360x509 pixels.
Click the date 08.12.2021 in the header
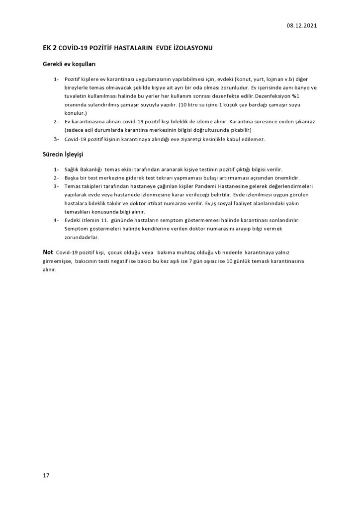point(302,26)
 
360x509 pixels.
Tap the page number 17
point(46,476)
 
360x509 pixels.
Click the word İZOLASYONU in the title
point(191,48)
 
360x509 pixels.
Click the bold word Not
point(48,252)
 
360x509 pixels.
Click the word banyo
point(298,88)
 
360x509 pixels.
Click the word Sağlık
point(72,170)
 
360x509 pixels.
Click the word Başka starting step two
point(72,178)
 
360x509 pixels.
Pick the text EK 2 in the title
point(49,48)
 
